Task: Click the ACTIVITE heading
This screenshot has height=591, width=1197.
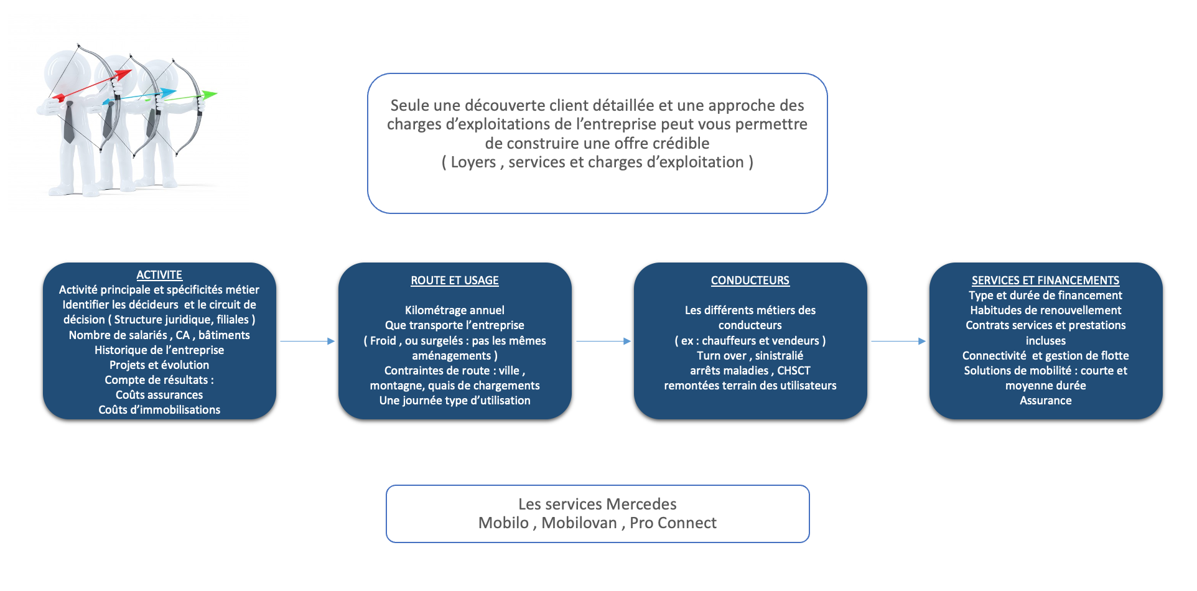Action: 159,275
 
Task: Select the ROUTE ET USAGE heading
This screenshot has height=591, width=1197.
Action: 455,281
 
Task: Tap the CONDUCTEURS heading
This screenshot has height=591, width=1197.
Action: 750,281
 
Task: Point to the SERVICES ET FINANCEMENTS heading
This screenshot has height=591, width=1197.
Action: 1046,281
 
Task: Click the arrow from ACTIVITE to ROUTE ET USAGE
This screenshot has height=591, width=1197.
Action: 307,341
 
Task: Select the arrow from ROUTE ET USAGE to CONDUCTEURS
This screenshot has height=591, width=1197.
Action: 603,341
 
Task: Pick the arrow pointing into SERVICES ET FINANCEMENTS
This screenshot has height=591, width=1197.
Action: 898,341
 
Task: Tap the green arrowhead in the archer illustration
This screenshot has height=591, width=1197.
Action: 210,95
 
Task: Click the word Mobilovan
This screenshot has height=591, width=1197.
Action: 579,523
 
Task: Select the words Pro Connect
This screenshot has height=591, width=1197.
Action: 673,523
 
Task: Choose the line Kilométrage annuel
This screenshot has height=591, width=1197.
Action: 455,310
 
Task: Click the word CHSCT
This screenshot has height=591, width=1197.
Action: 794,371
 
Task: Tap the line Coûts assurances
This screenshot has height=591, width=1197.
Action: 159,395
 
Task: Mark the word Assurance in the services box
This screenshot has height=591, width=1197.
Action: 1046,401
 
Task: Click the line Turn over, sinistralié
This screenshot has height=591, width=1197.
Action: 750,356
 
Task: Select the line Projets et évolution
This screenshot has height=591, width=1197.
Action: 159,365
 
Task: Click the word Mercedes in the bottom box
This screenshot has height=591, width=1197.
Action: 641,504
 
